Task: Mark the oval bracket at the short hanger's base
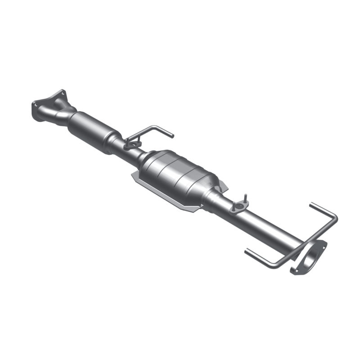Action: [x=132, y=144]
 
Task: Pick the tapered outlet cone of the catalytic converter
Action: [x=211, y=193]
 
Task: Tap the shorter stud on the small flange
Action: [x=235, y=203]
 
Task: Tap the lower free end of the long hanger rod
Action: [x=246, y=250]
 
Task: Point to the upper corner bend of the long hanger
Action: [x=335, y=218]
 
